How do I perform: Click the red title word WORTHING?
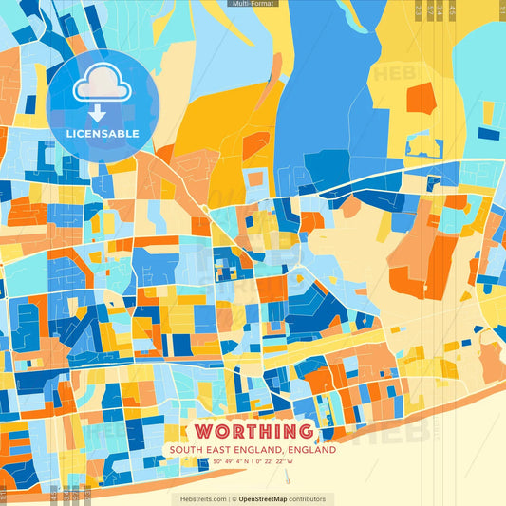[253, 433]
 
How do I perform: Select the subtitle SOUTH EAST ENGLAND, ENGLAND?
[253, 451]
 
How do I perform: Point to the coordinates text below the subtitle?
[253, 463]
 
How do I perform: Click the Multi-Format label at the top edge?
[253, 4]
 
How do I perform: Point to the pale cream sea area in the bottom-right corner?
[465, 465]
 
